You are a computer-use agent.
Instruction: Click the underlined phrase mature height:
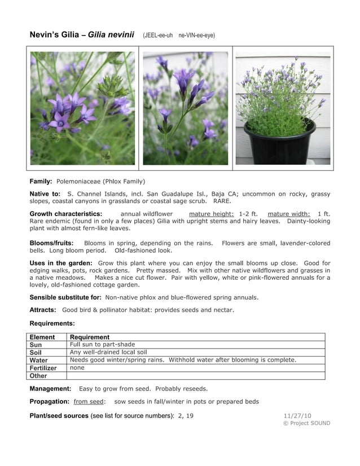(x=211, y=214)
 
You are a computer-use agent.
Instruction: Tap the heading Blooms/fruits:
(x=51, y=243)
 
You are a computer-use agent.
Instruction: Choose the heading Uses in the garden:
(x=61, y=263)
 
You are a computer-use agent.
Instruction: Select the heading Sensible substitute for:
(x=65, y=297)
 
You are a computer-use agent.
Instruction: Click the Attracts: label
(x=43, y=310)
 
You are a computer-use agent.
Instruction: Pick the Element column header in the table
(x=42, y=337)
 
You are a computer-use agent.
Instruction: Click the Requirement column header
(x=90, y=337)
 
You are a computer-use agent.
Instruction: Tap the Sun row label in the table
(x=36, y=345)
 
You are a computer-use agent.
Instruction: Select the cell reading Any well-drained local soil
(x=108, y=352)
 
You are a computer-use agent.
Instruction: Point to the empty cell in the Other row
(x=195, y=375)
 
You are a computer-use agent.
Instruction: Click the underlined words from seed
(x=89, y=402)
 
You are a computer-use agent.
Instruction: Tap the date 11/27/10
(x=297, y=415)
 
